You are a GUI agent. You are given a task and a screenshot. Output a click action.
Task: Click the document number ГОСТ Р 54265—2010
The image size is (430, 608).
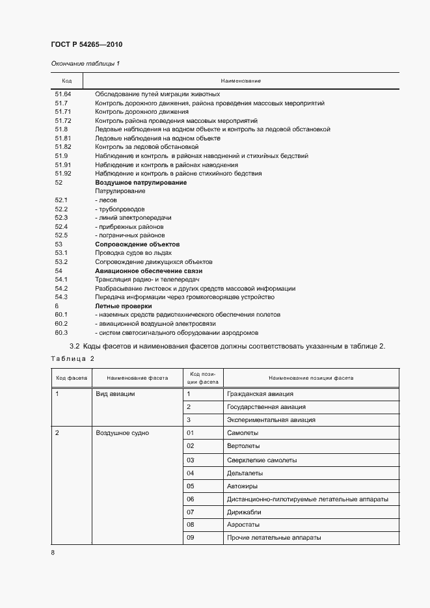point(87,45)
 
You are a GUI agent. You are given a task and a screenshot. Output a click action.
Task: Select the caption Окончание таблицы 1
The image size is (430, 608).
point(85,63)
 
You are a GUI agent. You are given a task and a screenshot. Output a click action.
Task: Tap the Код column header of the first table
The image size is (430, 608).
point(66,81)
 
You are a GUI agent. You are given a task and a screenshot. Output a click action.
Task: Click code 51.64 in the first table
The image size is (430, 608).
point(63,94)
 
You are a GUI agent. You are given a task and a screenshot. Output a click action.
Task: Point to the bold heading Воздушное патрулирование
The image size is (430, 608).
point(141,183)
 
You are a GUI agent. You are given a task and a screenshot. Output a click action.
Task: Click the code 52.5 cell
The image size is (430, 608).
point(62,235)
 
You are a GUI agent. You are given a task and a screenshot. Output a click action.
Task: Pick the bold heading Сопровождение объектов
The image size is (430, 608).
point(137,244)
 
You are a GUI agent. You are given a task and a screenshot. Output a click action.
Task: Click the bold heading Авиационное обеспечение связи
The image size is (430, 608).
point(149,271)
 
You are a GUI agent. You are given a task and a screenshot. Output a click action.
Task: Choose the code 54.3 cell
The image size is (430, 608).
point(62,297)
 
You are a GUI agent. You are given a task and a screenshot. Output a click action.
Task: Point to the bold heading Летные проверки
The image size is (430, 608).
point(124,306)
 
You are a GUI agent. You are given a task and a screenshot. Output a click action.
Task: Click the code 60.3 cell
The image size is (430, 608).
point(62,332)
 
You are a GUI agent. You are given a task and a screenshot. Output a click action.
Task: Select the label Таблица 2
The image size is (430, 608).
point(73,359)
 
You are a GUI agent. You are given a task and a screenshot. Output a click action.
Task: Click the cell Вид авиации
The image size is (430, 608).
point(115,394)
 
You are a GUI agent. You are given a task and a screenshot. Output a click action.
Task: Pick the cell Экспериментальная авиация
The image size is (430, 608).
point(271,420)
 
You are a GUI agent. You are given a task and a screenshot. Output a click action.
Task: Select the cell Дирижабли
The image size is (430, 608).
point(245,512)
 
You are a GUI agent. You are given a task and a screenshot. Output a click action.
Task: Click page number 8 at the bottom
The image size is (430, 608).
point(53,552)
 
